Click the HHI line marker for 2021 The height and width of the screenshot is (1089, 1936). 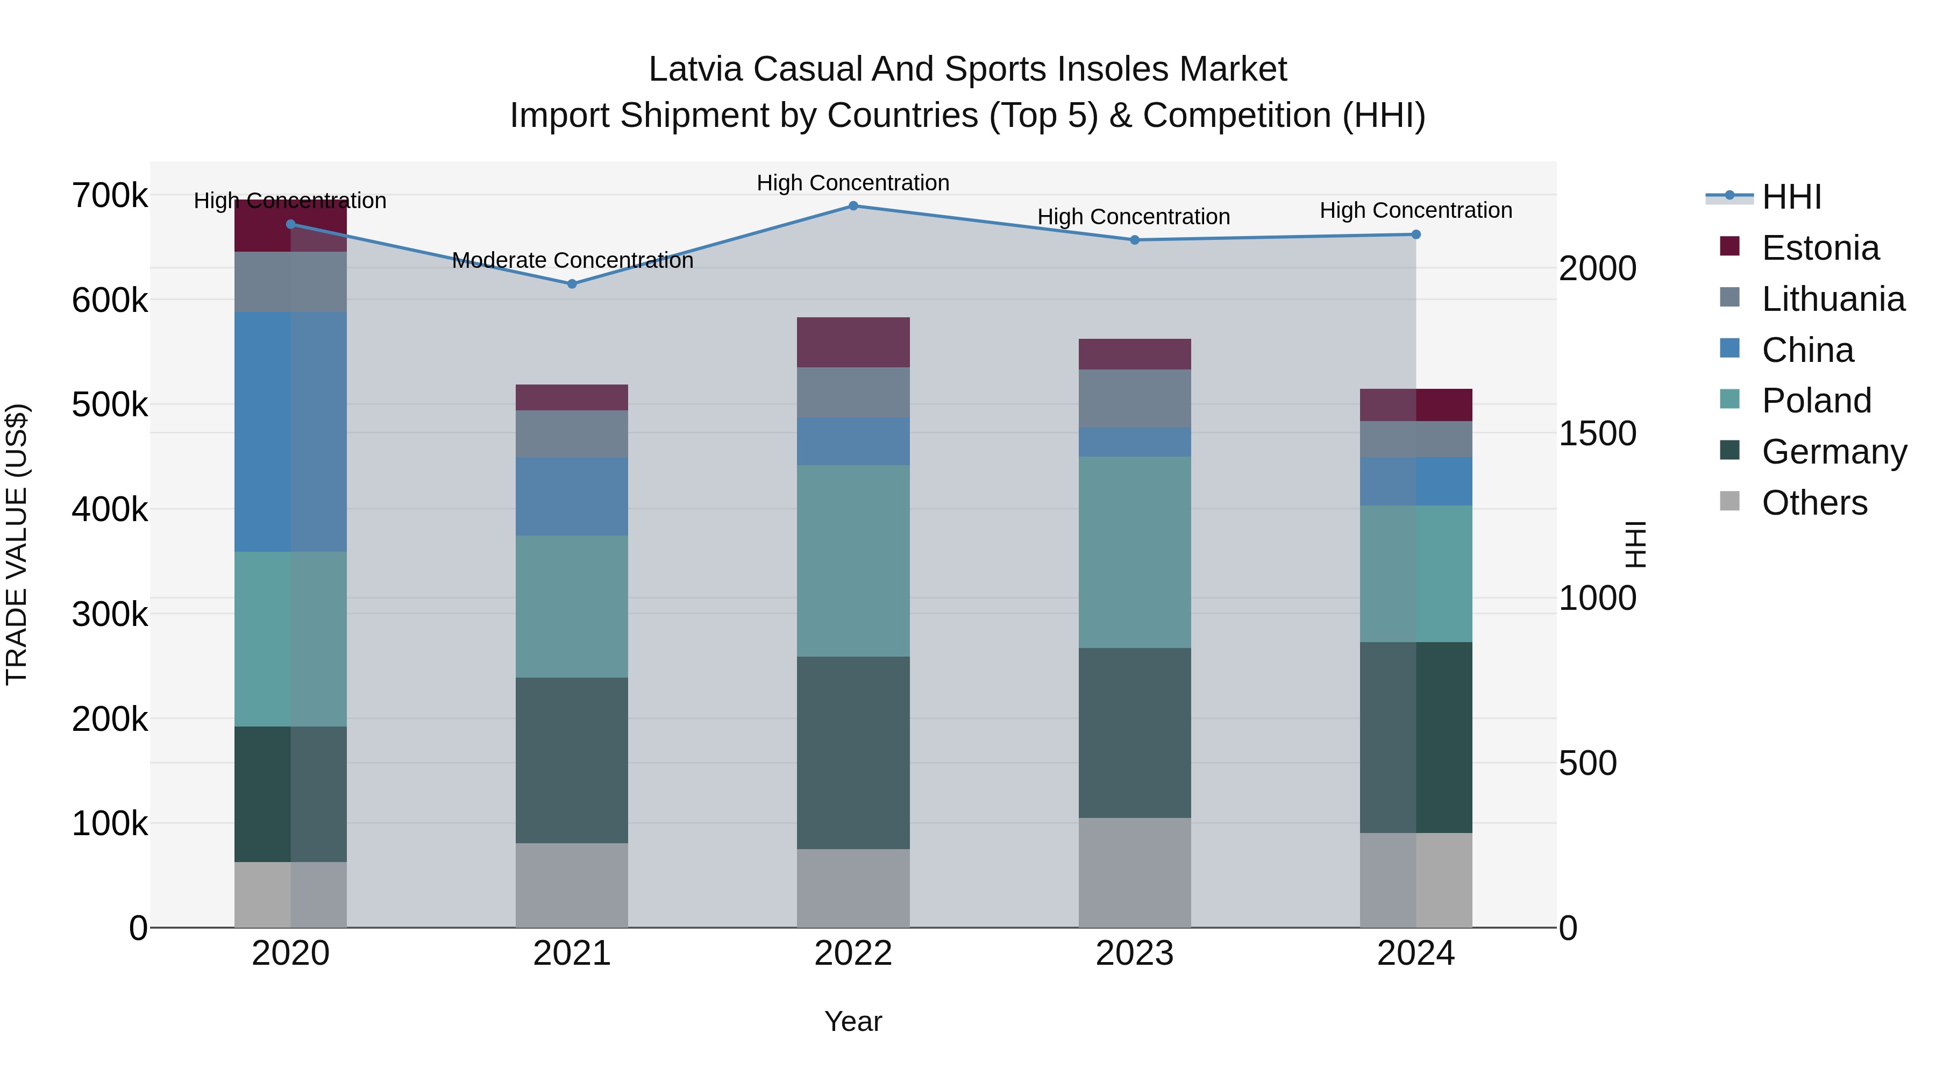coord(572,284)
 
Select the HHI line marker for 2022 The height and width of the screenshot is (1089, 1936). coord(853,206)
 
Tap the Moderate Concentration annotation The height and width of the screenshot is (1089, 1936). coord(572,260)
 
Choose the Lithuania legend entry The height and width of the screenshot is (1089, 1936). coord(1832,299)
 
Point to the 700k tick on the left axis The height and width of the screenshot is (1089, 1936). coord(110,196)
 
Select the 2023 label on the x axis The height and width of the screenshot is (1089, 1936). coord(1134,953)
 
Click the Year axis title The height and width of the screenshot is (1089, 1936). coord(853,1021)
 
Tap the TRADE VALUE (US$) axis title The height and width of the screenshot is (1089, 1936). coord(17,544)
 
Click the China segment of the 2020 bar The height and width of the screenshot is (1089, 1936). coord(291,432)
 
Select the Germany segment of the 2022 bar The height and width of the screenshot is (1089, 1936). coord(853,752)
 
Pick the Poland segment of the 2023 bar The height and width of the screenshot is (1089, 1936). coord(1134,552)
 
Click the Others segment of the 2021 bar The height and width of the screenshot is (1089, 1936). coord(572,885)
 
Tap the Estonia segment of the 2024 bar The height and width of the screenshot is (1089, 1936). coord(1416,405)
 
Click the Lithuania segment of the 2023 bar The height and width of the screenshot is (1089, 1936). coord(1134,398)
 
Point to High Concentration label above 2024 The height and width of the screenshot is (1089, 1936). coord(1416,210)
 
